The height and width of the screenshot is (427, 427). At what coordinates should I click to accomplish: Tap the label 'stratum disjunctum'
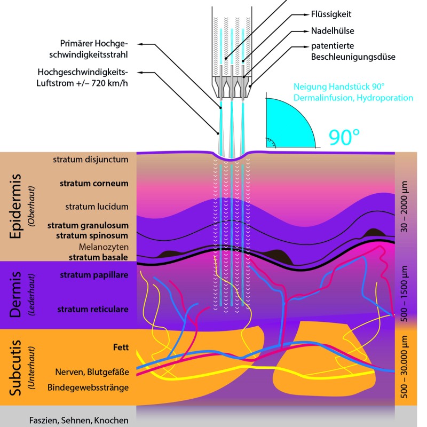tap(91, 159)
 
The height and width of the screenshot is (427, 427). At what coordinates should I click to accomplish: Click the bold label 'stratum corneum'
tap(94, 183)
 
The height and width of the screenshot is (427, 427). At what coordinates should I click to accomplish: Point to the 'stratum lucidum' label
tap(97, 207)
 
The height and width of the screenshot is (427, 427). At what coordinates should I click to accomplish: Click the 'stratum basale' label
tap(98, 257)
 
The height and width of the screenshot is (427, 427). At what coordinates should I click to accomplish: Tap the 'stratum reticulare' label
tap(93, 309)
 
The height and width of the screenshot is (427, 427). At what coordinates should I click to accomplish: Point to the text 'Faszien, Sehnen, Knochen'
tap(79, 420)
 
